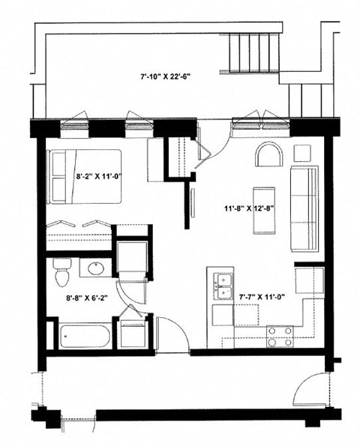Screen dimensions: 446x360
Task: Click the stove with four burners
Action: [279, 336]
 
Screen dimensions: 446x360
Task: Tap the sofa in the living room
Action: [304, 209]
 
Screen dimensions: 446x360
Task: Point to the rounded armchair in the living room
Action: [268, 155]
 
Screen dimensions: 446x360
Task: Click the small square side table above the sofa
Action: [302, 152]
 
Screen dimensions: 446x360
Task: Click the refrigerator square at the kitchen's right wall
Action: [308, 281]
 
